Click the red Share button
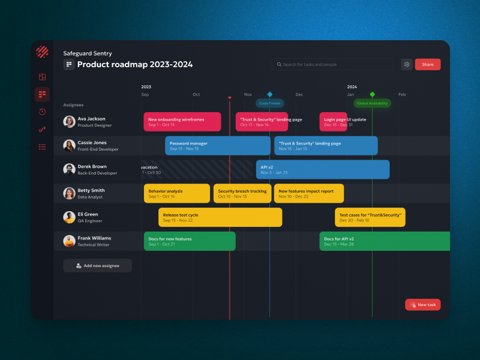[x=427, y=64]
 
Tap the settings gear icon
[x=407, y=64]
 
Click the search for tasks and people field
[x=333, y=64]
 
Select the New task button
[x=422, y=305]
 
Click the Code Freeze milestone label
[x=269, y=103]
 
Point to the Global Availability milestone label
[x=372, y=103]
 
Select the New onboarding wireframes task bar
[x=182, y=122]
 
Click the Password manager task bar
[x=217, y=146]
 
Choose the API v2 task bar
[x=322, y=170]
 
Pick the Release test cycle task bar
[x=220, y=217]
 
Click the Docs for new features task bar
[x=189, y=241]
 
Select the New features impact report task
[x=308, y=193]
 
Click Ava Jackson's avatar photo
[x=69, y=122]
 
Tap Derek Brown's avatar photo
[x=69, y=169]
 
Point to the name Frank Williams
[x=94, y=238]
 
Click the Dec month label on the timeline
[x=299, y=95]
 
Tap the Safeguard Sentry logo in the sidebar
[x=42, y=52]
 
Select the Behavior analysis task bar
[x=176, y=193]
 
